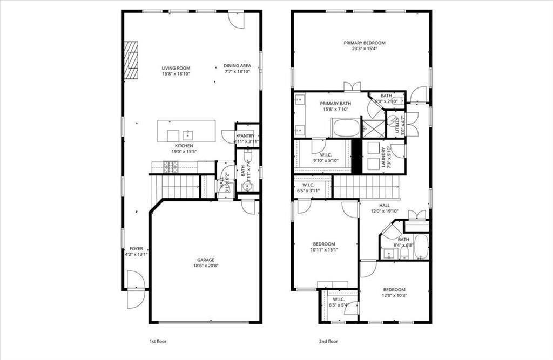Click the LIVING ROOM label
[176, 69]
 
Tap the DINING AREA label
[237, 66]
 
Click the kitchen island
[186, 131]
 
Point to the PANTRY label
[246, 136]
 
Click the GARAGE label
[206, 260]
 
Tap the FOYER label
[136, 249]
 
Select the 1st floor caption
[157, 341]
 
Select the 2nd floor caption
[328, 341]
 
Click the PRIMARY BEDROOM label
[365, 43]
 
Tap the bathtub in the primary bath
[346, 128]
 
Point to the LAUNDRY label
[383, 157]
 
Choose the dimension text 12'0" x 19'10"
[385, 212]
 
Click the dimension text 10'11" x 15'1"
[324, 250]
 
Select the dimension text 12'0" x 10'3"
[394, 296]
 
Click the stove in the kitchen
[171, 167]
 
